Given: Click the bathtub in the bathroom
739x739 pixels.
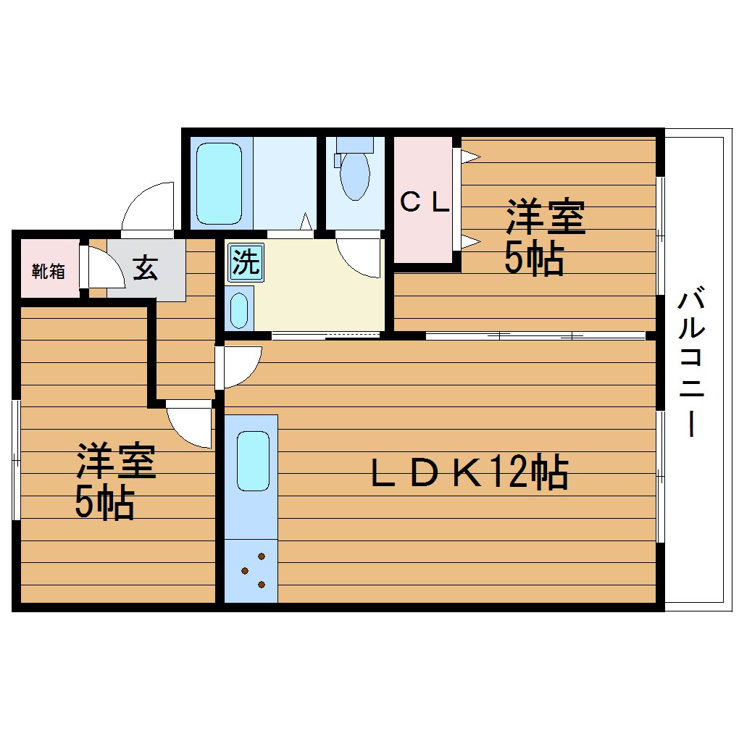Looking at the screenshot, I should click(x=219, y=183).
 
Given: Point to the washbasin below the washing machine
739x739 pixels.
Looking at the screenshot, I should click(x=239, y=309).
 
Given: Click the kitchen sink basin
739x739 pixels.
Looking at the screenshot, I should click(x=253, y=461).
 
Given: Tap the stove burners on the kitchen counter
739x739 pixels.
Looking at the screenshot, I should click(x=253, y=571).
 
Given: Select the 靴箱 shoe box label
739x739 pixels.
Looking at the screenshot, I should click(x=49, y=272).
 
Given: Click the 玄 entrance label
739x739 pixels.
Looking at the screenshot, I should click(x=145, y=268).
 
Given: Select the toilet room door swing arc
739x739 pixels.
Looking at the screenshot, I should click(x=359, y=256).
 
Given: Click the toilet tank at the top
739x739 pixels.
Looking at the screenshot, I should click(x=354, y=143).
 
